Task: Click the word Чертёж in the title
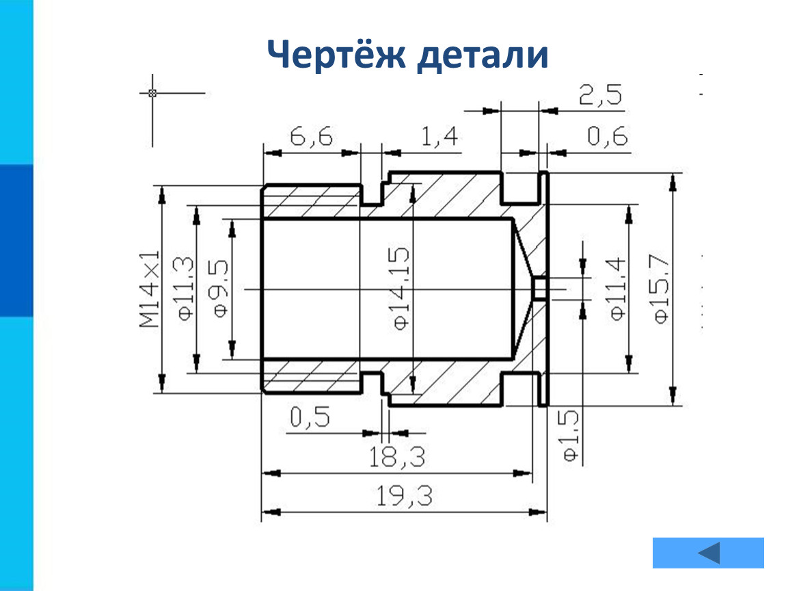(336, 53)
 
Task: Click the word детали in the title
(483, 54)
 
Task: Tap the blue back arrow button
(708, 553)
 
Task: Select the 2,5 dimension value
(601, 94)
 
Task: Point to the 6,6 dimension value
(311, 136)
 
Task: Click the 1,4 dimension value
(439, 136)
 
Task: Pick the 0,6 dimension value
(607, 136)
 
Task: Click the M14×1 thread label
(150, 289)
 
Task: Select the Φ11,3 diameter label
(184, 289)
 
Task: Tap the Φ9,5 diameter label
(219, 289)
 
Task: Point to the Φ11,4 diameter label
(617, 289)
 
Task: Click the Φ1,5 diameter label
(571, 436)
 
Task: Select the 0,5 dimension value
(310, 417)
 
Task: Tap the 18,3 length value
(397, 457)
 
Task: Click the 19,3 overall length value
(404, 496)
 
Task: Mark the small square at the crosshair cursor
(152, 93)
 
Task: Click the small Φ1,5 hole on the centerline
(539, 289)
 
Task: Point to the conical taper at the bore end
(524, 289)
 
